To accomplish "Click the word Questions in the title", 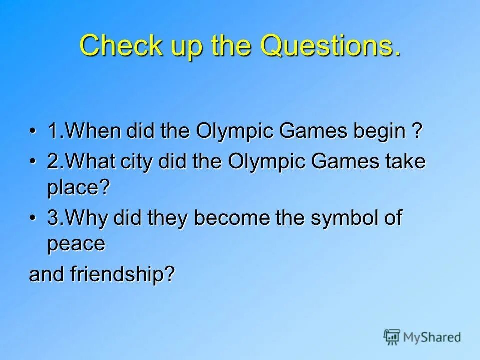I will (329, 46).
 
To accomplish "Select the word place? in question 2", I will (78, 188).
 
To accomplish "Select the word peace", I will (76, 244).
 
